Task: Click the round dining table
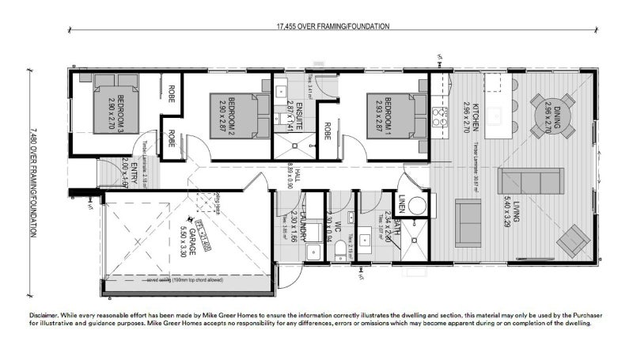coord(553,116)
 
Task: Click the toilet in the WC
coord(340,252)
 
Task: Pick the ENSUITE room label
coord(290,116)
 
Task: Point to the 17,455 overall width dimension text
coord(332,26)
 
